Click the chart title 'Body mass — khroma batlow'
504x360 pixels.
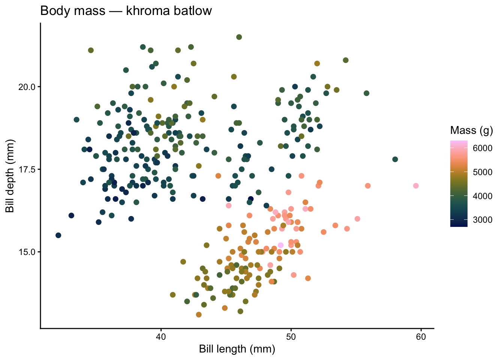click(x=126, y=11)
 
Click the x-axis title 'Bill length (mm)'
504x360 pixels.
click(x=237, y=349)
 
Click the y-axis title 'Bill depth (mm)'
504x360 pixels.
click(x=10, y=176)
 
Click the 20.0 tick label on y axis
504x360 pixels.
click(x=27, y=87)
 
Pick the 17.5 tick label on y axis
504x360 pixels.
click(x=27, y=169)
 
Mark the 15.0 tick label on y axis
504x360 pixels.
click(x=27, y=252)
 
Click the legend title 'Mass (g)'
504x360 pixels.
click(x=471, y=130)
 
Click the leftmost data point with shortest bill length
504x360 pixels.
click(x=58, y=235)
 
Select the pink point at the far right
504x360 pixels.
click(x=415, y=186)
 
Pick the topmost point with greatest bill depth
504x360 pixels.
click(x=239, y=37)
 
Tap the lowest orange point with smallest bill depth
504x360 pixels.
click(x=199, y=315)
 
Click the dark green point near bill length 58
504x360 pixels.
click(x=395, y=159)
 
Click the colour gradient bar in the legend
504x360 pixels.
click(x=459, y=184)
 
